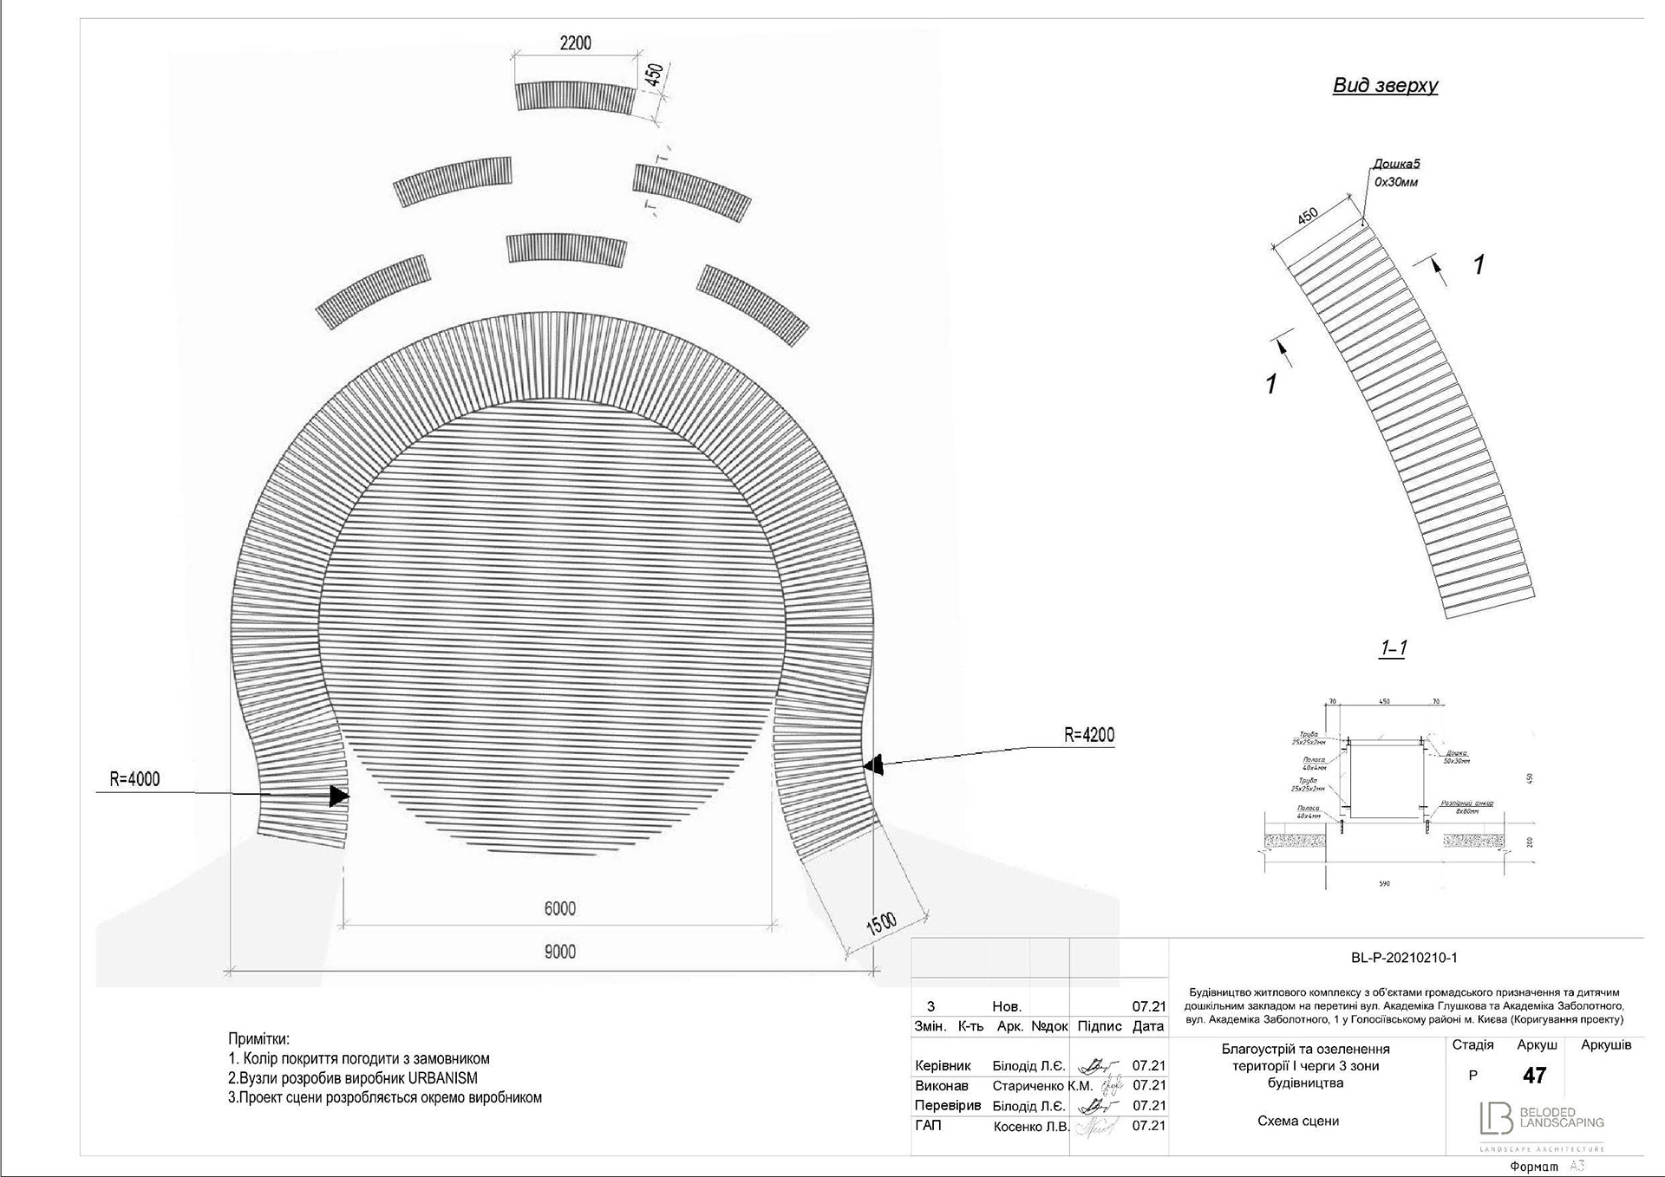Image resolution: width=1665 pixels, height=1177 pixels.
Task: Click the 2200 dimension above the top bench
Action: [575, 43]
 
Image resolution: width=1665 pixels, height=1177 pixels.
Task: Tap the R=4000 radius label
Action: [134, 779]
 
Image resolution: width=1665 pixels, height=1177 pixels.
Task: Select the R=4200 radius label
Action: [1088, 735]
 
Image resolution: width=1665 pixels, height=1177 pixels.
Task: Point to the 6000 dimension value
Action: [559, 908]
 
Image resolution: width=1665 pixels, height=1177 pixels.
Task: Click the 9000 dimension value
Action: [559, 952]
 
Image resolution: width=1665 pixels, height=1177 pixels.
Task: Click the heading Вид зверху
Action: [1385, 85]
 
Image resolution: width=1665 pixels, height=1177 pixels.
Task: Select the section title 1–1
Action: [1393, 647]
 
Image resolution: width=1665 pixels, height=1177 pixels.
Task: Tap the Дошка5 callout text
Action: [1396, 164]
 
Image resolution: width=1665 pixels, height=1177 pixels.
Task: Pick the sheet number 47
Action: [1534, 1076]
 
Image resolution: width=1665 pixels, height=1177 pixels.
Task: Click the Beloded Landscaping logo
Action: [1541, 1118]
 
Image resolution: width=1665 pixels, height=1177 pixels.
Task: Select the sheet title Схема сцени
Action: [1298, 1121]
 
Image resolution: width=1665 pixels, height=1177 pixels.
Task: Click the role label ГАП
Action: [928, 1125]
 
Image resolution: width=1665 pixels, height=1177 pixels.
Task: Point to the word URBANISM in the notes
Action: [442, 1078]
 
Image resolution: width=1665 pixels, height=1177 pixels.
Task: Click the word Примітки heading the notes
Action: [258, 1038]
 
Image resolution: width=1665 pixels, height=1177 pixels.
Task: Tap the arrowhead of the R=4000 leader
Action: [340, 795]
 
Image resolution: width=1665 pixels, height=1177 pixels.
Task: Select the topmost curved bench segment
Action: [575, 96]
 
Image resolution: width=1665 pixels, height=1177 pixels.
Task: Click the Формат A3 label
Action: [1546, 1167]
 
